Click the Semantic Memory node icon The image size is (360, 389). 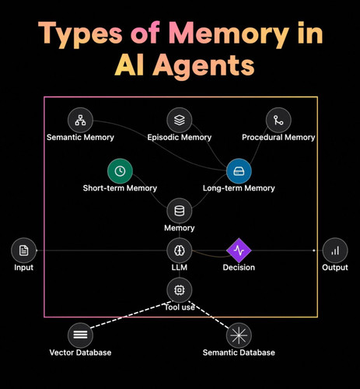80,121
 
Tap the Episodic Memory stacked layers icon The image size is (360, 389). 180,121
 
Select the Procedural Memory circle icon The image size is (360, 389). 278,121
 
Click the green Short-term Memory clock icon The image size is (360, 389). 120,171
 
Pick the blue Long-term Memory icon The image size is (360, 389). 239,171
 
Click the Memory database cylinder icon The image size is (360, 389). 180,211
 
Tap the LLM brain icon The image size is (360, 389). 180,251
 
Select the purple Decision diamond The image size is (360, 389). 239,251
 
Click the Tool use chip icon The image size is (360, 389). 180,290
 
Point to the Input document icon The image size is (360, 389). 24,251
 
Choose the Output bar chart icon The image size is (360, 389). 335,251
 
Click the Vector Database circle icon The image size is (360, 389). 80,335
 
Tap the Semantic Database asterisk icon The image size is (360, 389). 239,335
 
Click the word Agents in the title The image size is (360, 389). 204,66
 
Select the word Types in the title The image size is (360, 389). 80,35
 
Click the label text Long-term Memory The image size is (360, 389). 239,188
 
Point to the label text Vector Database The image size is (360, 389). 80,352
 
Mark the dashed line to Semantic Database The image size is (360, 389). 209,315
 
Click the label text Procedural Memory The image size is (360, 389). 278,137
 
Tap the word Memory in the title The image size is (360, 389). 229,35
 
